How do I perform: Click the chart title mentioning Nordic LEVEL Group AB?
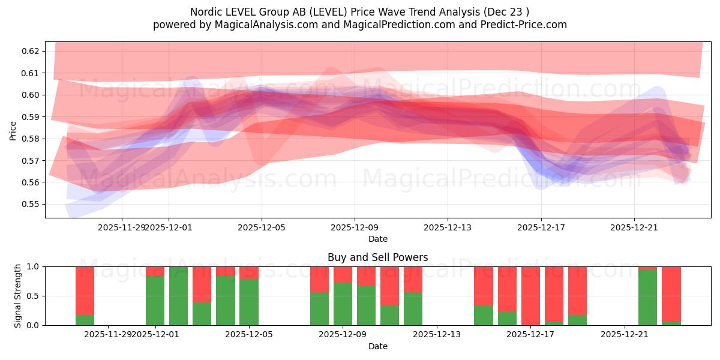360,11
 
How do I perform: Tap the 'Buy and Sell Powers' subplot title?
378,257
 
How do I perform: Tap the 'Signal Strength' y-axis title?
18,295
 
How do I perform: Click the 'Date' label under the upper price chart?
378,239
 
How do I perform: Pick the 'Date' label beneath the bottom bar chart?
378,346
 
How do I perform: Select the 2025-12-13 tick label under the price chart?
448,227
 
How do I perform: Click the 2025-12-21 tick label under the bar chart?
624,335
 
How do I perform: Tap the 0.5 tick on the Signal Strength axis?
34,296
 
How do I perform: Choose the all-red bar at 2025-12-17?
530,295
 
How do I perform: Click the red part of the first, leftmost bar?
85,288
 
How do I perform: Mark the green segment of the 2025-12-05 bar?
249,303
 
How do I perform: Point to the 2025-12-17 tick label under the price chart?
541,227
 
